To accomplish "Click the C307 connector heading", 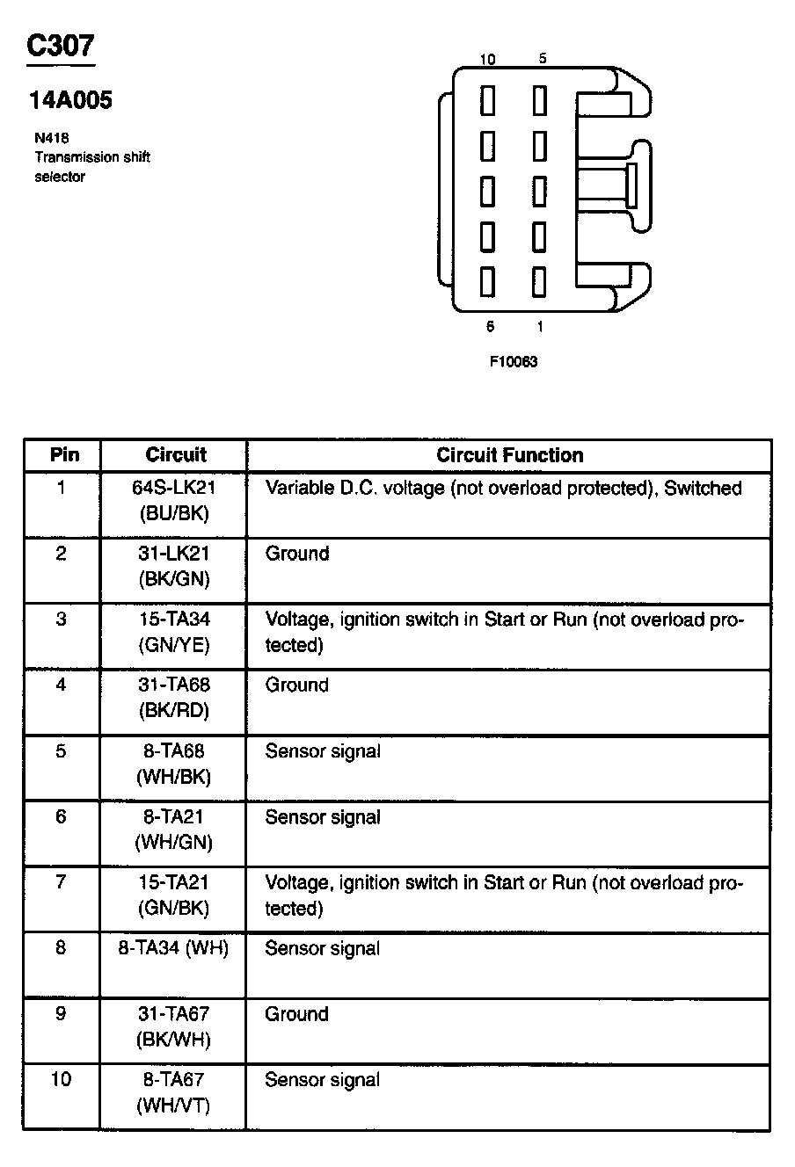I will (x=61, y=46).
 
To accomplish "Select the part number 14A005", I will (x=70, y=100).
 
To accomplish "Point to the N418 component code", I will (x=52, y=138).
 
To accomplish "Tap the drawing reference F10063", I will (x=514, y=361).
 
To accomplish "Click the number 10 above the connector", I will (x=488, y=60).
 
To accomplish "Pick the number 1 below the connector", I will (x=539, y=327).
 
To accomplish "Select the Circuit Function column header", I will (x=509, y=455).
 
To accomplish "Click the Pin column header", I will (x=63, y=455).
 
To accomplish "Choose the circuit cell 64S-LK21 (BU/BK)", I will (x=174, y=501).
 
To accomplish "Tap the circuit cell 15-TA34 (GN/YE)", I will (x=174, y=632).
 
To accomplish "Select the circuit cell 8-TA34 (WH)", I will (x=174, y=949).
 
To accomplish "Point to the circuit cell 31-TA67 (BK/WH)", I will (x=174, y=1026).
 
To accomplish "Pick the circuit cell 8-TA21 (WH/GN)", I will (x=174, y=830).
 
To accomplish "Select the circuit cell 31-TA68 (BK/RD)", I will (x=174, y=698).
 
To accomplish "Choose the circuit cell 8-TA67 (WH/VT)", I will (x=174, y=1092).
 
